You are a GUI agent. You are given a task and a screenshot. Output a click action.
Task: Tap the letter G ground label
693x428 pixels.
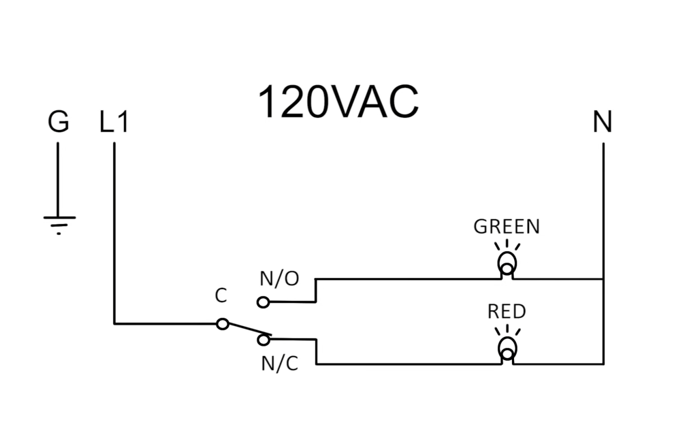(x=58, y=123)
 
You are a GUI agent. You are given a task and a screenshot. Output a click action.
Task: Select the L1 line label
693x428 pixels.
(x=114, y=123)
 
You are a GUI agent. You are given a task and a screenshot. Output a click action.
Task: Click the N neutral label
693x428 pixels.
(x=602, y=123)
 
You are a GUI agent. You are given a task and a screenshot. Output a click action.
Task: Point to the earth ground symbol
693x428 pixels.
(x=59, y=224)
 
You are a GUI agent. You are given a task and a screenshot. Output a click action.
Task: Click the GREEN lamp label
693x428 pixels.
(x=507, y=227)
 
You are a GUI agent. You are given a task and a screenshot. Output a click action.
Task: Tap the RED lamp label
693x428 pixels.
(x=507, y=312)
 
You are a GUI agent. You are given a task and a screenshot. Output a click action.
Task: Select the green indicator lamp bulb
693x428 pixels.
(x=507, y=263)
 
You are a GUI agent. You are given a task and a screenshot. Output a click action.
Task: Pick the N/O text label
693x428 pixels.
(x=280, y=278)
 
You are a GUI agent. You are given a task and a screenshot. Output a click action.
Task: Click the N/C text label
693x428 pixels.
(x=280, y=364)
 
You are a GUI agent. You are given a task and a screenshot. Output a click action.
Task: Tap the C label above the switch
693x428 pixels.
(x=221, y=296)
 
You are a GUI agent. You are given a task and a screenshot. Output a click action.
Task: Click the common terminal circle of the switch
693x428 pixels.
(x=223, y=324)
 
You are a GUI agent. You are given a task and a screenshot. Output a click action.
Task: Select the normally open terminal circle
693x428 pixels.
(x=263, y=302)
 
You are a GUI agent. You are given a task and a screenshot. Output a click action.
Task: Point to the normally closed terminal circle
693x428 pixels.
(x=263, y=339)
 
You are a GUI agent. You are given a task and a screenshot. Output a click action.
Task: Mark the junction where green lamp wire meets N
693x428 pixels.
(x=603, y=279)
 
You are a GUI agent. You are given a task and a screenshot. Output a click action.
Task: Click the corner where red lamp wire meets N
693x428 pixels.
(x=603, y=364)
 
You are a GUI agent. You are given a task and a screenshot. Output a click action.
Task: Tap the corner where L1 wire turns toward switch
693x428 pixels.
(x=114, y=324)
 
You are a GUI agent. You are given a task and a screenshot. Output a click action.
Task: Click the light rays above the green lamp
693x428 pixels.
(x=507, y=245)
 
